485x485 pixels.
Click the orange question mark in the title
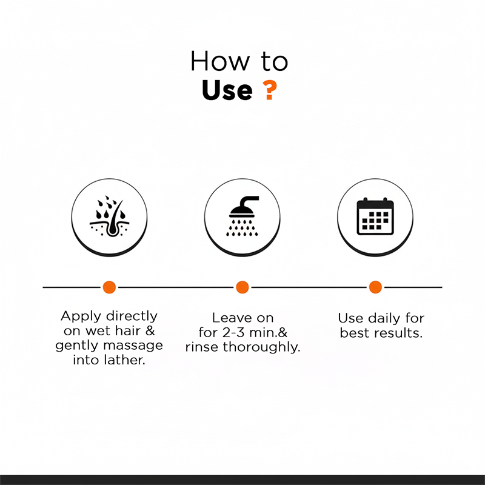click(x=269, y=90)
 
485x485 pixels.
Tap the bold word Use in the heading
click(x=227, y=90)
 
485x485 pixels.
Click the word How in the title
click(x=219, y=61)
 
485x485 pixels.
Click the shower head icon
click(x=243, y=216)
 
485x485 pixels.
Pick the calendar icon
click(x=375, y=216)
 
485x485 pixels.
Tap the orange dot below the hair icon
click(x=109, y=287)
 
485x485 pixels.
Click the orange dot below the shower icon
click(x=242, y=287)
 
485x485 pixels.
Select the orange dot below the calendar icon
click(x=375, y=287)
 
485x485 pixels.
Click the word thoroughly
click(x=262, y=347)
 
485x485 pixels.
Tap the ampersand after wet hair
click(x=150, y=331)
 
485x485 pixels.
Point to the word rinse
click(x=202, y=347)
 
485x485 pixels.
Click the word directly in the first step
click(x=132, y=316)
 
